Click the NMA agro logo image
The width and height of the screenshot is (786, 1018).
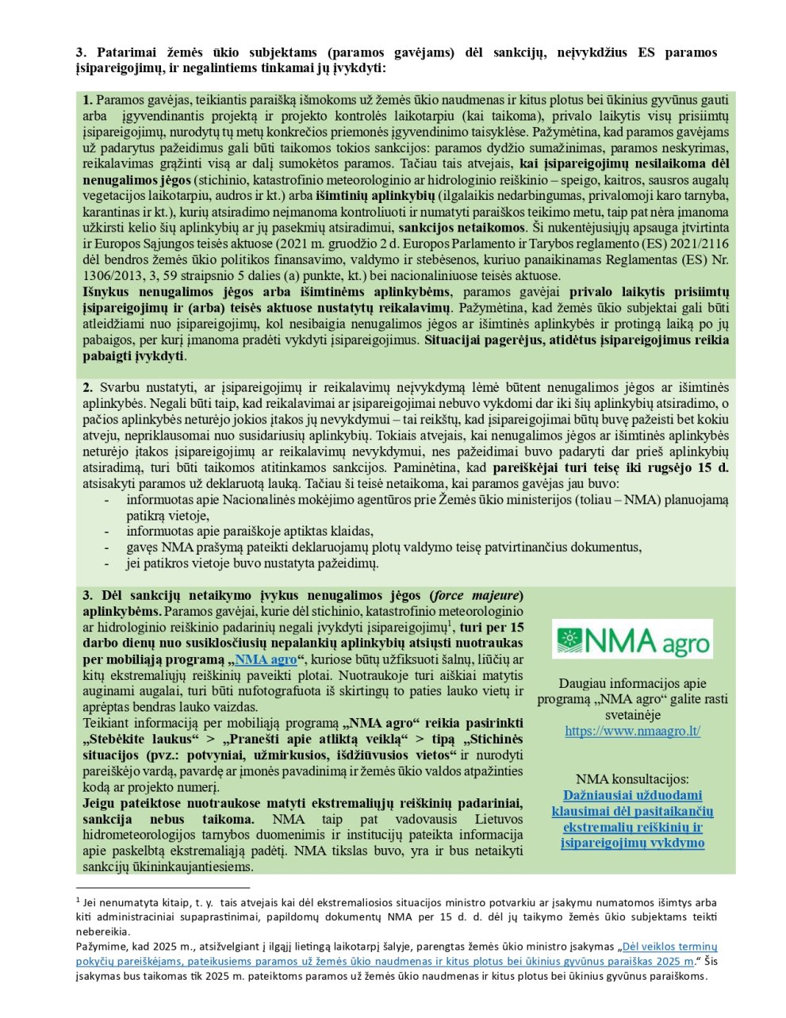[632, 639]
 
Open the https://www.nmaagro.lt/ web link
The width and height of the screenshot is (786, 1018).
[632, 731]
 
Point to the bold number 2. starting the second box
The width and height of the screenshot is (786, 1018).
[88, 387]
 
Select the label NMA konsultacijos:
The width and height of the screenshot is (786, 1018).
[632, 779]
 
